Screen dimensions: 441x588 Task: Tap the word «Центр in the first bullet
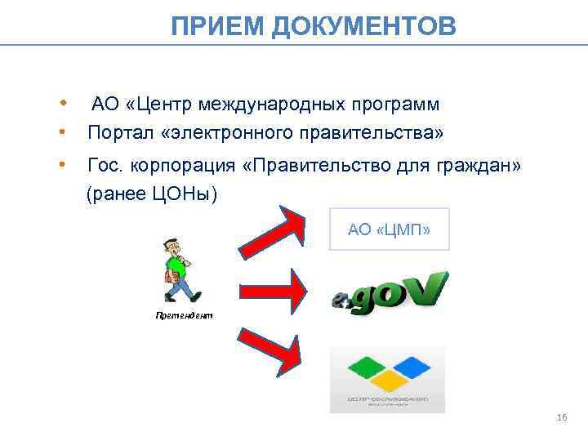point(167,105)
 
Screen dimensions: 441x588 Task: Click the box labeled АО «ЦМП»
point(389,229)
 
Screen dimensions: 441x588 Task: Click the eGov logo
point(390,292)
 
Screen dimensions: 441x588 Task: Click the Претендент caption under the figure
point(184,315)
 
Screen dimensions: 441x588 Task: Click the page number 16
point(560,418)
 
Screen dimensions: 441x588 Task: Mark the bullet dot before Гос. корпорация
point(62,166)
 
